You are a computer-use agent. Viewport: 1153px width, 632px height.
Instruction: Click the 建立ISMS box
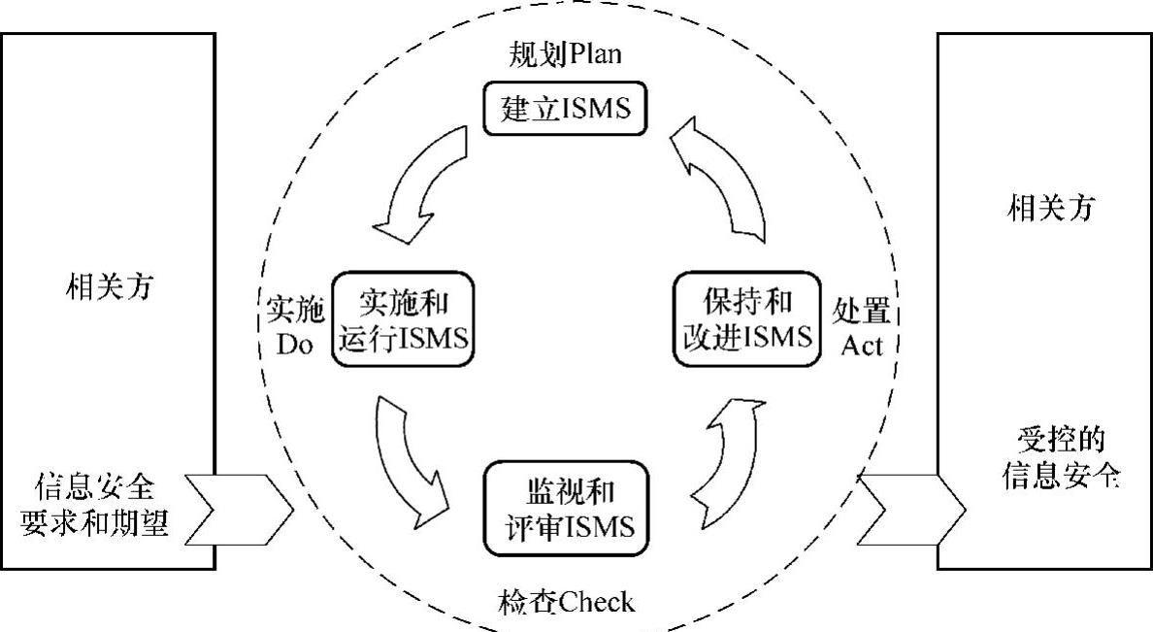coord(565,108)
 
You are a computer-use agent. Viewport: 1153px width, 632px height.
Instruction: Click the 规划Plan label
coord(565,54)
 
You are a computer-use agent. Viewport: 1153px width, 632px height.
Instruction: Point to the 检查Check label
coord(568,603)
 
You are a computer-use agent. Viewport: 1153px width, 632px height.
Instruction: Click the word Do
coord(294,345)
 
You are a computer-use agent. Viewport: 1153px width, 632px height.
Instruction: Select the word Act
coord(862,345)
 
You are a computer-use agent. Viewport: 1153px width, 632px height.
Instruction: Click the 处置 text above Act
coord(862,310)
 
